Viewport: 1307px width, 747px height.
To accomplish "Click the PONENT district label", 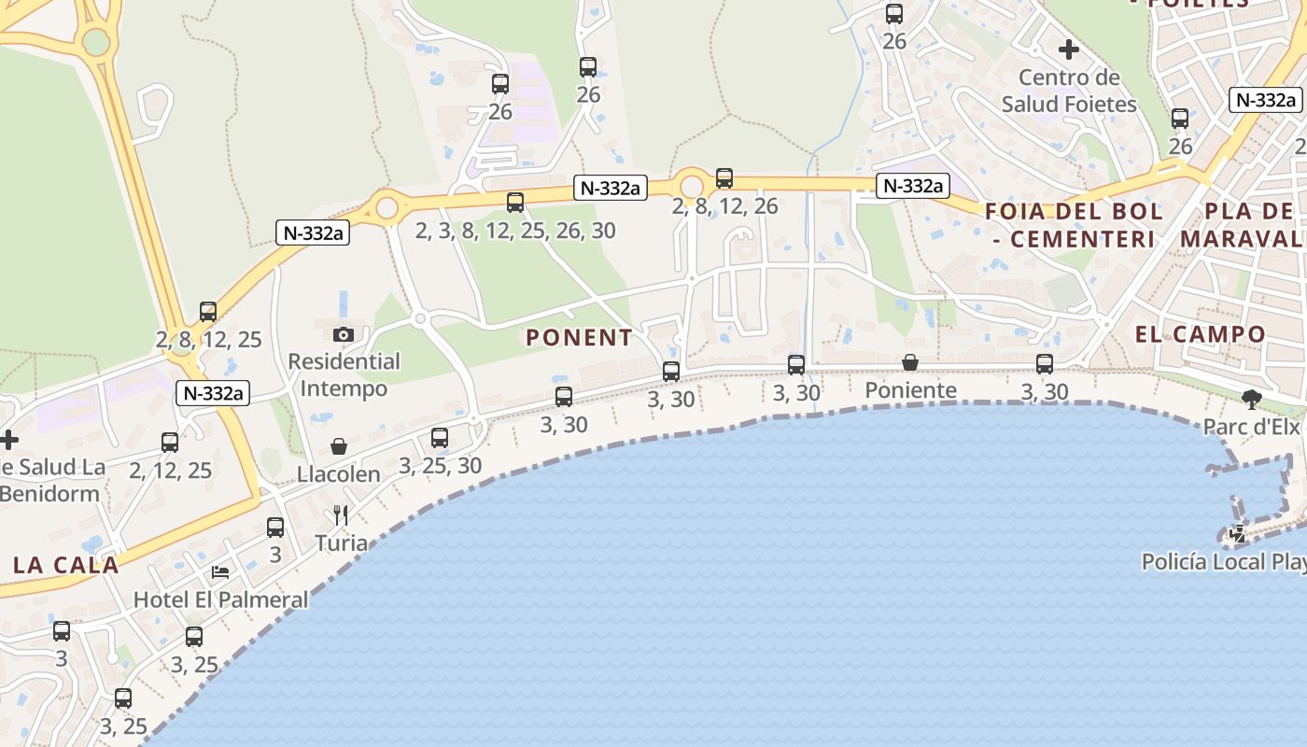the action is (579, 338).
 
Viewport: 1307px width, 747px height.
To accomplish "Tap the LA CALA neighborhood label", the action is (66, 565).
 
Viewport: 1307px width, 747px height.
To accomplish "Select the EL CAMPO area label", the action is (1200, 334).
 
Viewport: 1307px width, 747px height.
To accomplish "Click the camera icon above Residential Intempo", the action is (344, 334).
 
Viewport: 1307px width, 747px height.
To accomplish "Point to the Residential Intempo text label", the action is (344, 373).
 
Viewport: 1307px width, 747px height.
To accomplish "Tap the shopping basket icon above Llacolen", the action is (338, 447).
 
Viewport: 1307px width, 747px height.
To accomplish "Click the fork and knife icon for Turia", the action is (341, 515).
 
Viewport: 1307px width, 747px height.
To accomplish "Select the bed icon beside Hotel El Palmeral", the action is (220, 571).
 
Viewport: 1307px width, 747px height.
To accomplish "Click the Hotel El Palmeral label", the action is (221, 599).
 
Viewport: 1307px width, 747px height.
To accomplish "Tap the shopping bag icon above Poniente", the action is (910, 362).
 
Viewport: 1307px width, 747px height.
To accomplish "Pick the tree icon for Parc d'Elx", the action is (1251, 400).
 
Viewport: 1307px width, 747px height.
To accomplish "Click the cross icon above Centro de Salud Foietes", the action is (1069, 49).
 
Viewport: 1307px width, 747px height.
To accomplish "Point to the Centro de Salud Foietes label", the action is (1069, 91).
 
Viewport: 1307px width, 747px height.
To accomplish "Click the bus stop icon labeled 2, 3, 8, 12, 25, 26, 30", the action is (515, 203).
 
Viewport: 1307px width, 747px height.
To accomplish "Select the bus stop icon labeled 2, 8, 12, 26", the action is (724, 178).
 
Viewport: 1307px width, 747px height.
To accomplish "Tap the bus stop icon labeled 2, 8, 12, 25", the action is (208, 312).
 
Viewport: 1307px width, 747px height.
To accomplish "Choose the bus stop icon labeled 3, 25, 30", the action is (440, 437).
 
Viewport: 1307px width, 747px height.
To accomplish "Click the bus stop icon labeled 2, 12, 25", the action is (170, 443).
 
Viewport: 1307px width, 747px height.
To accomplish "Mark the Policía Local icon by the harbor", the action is (1238, 535).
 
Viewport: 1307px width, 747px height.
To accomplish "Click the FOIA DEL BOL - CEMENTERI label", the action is (1074, 225).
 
